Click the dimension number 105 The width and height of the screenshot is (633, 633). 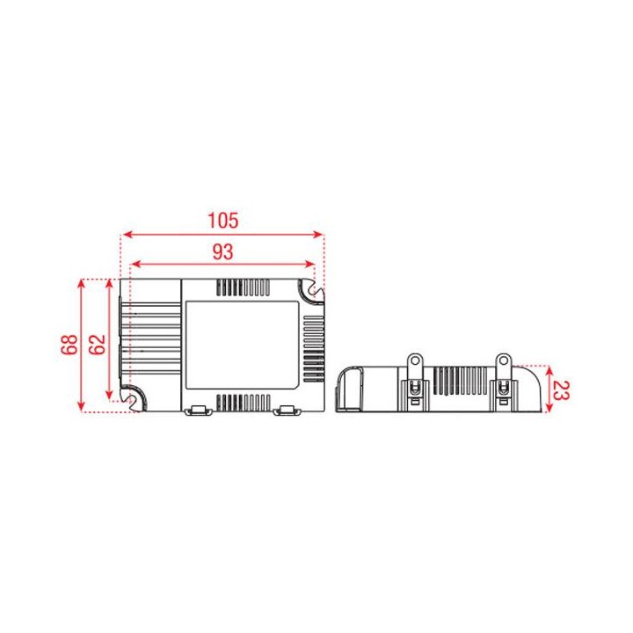(222, 220)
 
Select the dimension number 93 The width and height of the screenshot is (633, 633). (222, 251)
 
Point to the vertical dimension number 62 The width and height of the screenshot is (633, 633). (98, 345)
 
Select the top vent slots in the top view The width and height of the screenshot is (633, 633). (244, 287)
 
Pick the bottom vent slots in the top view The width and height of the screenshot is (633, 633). (244, 403)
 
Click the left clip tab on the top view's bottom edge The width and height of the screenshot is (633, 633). (199, 410)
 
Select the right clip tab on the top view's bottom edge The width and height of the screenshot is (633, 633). (287, 410)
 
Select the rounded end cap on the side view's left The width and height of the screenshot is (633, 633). (351, 389)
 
